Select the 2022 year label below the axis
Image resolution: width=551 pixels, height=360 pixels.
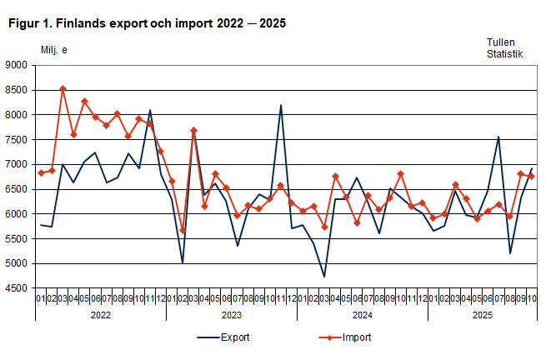(x=101, y=316)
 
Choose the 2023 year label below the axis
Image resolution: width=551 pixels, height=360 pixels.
(x=232, y=316)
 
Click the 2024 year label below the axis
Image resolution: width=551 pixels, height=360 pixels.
(x=363, y=316)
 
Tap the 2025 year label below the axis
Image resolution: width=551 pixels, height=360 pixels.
(x=483, y=316)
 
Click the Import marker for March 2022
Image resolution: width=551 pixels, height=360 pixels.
(x=63, y=88)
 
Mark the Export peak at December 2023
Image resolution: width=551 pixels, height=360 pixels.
(x=281, y=105)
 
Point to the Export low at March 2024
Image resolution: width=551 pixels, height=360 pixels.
(x=324, y=277)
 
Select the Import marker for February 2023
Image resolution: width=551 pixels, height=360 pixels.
(x=183, y=231)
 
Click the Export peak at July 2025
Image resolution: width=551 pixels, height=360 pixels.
(x=498, y=137)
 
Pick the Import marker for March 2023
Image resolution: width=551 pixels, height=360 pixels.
(x=193, y=130)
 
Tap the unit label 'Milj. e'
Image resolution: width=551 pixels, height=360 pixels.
(x=54, y=50)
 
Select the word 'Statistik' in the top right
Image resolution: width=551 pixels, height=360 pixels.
(x=505, y=54)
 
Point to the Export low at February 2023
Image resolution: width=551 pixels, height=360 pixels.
(x=183, y=263)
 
